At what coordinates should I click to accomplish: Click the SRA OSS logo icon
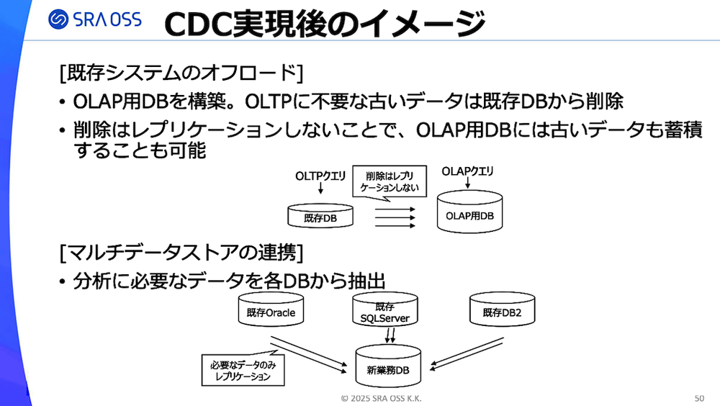[60, 19]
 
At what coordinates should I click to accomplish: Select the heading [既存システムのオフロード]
[181, 73]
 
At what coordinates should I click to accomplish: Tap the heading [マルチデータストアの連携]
[181, 253]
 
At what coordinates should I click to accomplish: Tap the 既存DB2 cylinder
[501, 310]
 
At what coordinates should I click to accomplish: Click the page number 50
[699, 398]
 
